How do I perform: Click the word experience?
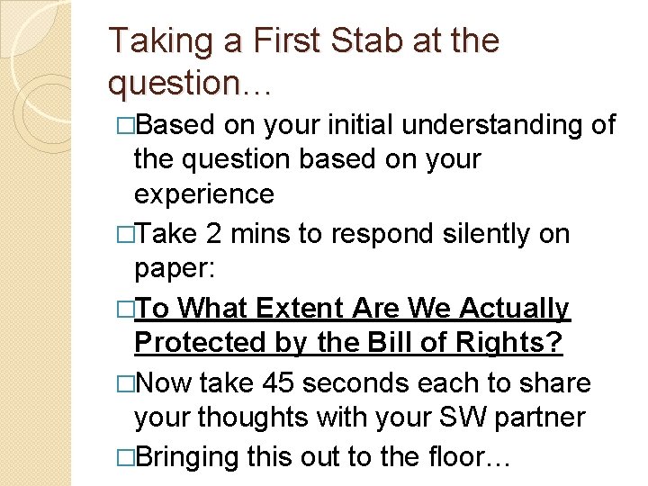[x=203, y=195]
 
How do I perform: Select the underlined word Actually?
[x=515, y=309]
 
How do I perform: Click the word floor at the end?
[x=468, y=457]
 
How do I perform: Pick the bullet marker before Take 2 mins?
[x=126, y=234]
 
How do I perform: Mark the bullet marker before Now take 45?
[x=126, y=383]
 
